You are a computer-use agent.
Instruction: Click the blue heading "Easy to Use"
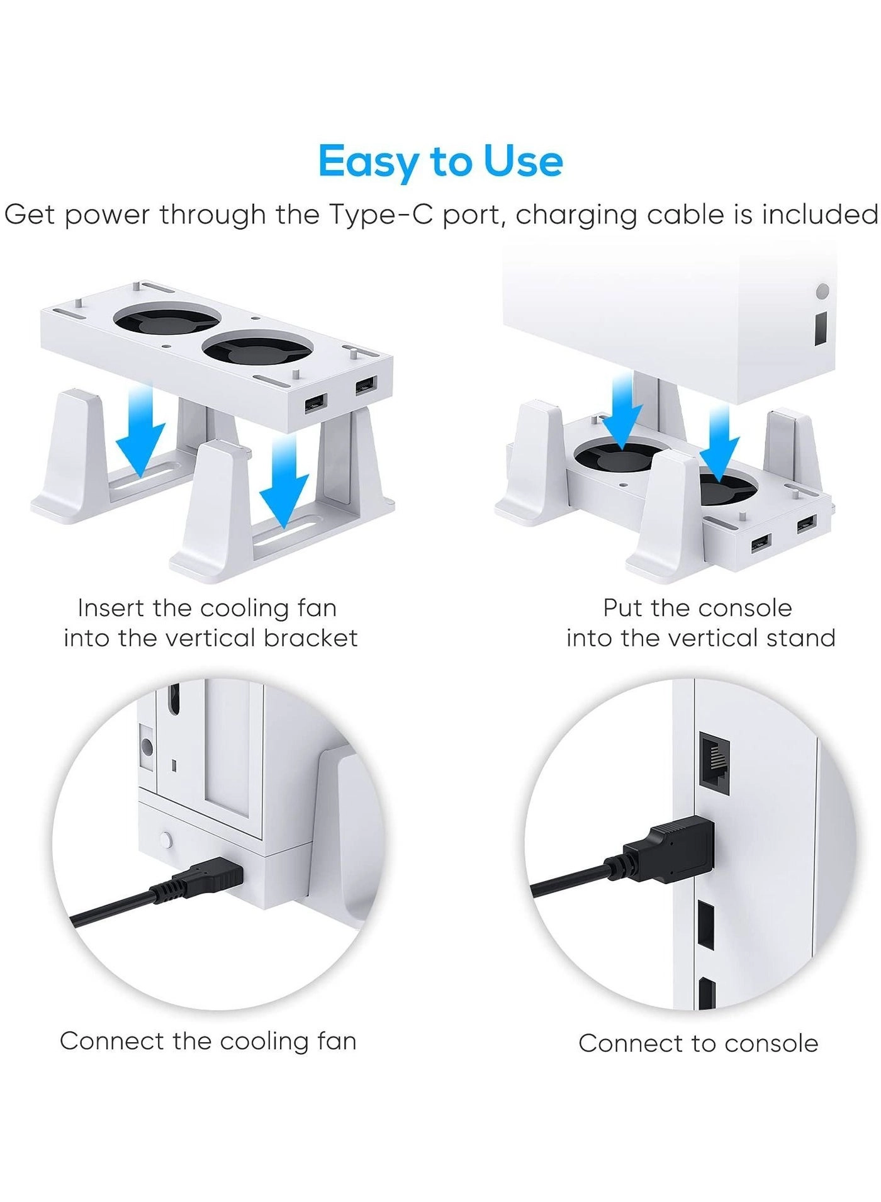click(x=441, y=162)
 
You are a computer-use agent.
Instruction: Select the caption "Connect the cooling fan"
click(x=208, y=1041)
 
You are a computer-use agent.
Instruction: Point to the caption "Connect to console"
click(x=699, y=1043)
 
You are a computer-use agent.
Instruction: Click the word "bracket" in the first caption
click(x=311, y=638)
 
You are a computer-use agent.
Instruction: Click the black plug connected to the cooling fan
click(x=211, y=878)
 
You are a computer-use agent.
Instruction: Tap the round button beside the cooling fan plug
click(x=166, y=840)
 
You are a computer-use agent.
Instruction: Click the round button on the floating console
click(x=822, y=292)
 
